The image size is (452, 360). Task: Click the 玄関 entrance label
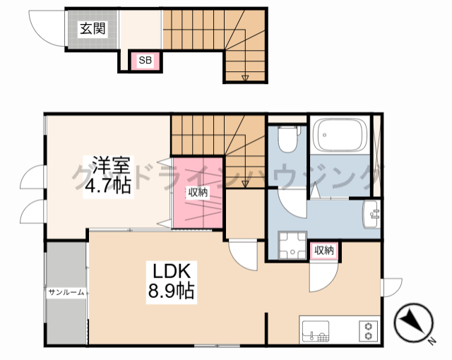tap(92, 29)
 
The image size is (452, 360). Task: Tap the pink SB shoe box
tap(145, 61)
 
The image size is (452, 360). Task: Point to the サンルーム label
tap(66, 292)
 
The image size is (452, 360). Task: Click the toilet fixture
tap(287, 139)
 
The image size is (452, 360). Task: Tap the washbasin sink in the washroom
tap(371, 214)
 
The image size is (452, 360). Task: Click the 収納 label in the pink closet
tap(198, 192)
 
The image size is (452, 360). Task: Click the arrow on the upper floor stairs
tap(245, 77)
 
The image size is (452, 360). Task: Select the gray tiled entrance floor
tap(92, 35)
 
